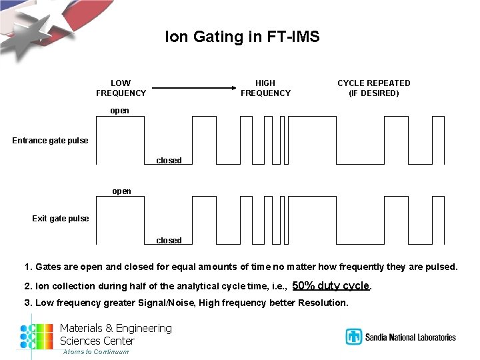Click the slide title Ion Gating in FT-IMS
[x=242, y=37]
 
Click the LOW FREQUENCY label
[x=121, y=88]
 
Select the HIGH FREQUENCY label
[x=265, y=88]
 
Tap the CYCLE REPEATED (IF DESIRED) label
[x=373, y=88]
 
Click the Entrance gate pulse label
[x=50, y=141]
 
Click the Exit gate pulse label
[x=60, y=219]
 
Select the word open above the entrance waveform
[x=120, y=111]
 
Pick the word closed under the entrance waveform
[x=169, y=161]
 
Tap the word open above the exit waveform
[x=121, y=191]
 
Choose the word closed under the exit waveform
[x=169, y=241]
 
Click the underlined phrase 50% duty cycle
[x=331, y=285]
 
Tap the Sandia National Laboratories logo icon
[x=353, y=337]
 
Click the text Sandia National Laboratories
[x=410, y=337]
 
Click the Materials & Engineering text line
[x=115, y=328]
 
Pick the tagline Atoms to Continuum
[x=95, y=352]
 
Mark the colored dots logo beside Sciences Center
[x=36, y=337]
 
